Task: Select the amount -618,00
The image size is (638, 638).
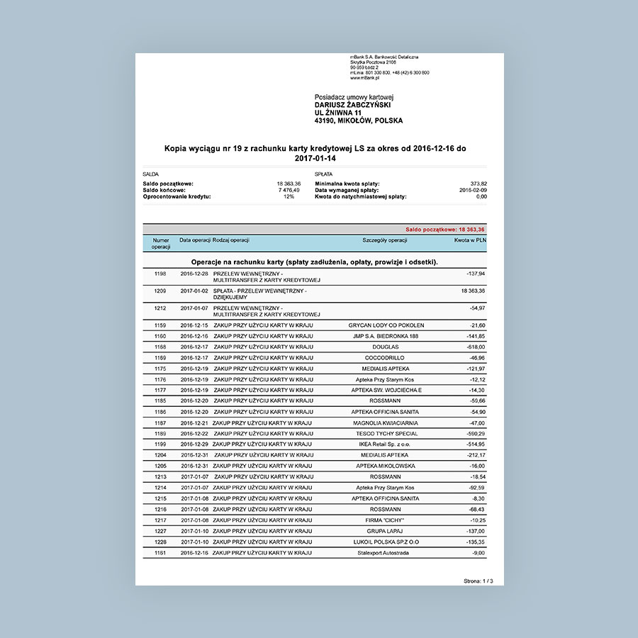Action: click(x=474, y=347)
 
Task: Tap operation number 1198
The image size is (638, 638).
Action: click(x=159, y=273)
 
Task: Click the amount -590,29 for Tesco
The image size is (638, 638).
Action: click(x=474, y=433)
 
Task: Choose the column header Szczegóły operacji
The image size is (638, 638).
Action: click(x=384, y=240)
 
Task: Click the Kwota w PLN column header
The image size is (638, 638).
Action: click(x=469, y=240)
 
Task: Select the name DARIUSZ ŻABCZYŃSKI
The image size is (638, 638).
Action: click(x=352, y=105)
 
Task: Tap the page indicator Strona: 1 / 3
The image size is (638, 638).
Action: click(x=478, y=581)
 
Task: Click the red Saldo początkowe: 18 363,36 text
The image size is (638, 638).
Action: click(x=445, y=230)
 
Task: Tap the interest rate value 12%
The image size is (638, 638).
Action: click(x=289, y=196)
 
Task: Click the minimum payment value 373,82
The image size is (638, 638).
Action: click(x=478, y=184)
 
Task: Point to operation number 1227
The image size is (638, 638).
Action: click(x=159, y=530)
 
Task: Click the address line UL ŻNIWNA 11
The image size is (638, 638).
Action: click(x=338, y=113)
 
